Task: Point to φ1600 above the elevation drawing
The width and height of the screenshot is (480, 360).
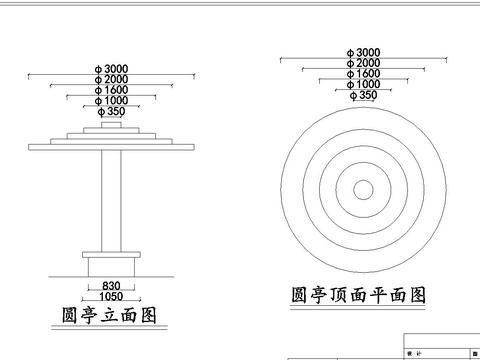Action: [111, 89]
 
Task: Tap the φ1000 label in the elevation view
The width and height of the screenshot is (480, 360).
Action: [111, 100]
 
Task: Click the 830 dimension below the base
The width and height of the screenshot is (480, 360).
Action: [111, 285]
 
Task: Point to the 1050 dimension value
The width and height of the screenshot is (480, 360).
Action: [111, 296]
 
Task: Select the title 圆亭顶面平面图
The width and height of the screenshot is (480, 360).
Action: [358, 295]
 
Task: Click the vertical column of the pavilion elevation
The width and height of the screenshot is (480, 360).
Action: [111, 200]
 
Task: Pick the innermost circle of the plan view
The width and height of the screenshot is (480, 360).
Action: [362, 189]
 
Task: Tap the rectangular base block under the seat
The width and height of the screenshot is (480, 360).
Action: [111, 267]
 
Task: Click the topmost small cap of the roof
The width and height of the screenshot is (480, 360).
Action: [111, 125]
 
